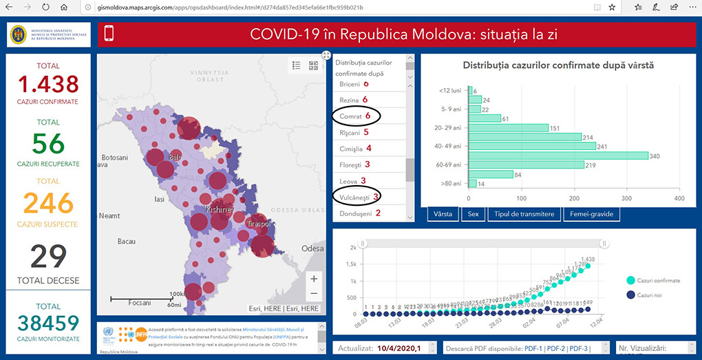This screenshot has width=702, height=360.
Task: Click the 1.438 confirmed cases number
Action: [x=48, y=85]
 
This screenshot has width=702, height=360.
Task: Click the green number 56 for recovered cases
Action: [x=48, y=143]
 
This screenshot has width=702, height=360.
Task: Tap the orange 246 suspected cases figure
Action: [x=48, y=203]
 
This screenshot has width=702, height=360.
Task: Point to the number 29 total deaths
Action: [x=48, y=256]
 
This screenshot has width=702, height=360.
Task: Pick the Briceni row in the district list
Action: [x=354, y=84]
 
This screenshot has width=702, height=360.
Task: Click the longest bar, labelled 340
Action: [x=558, y=156]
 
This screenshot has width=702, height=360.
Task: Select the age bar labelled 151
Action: [x=509, y=127]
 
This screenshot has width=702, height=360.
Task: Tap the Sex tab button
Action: [x=473, y=214]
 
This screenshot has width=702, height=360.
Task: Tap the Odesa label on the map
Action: [x=312, y=248]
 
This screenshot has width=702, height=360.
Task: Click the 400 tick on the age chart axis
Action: [x=679, y=198]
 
